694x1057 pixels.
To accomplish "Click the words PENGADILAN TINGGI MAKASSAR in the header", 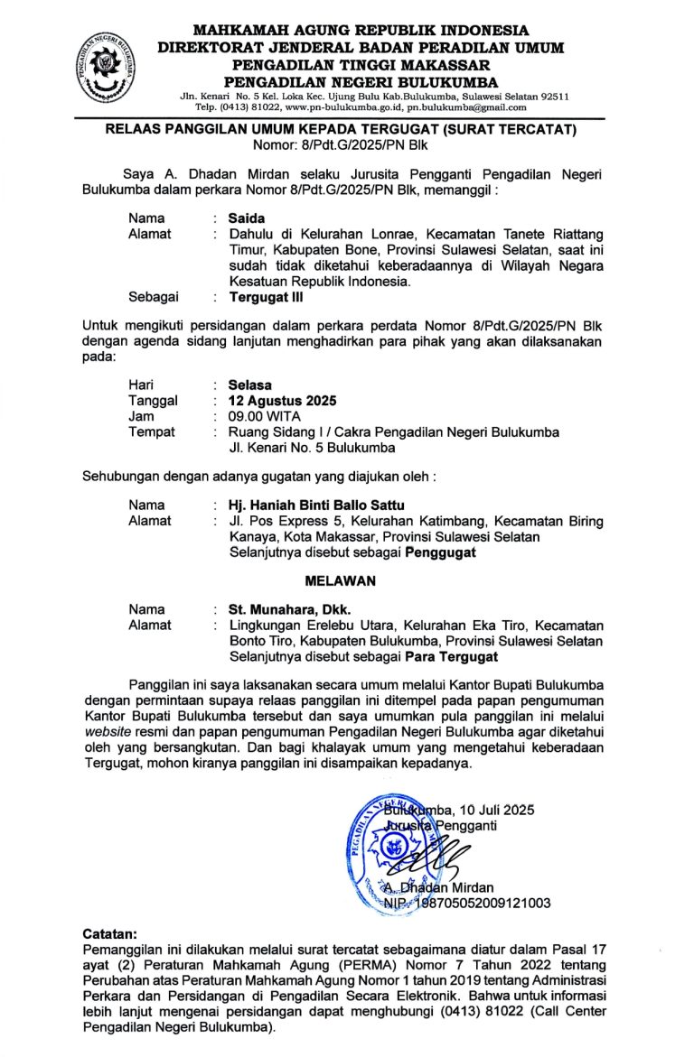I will point(361,65).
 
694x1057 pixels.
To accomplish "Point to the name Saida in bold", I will point(247,218).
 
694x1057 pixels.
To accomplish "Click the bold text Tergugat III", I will point(266,295).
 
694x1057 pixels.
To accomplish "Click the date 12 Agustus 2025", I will point(283,401).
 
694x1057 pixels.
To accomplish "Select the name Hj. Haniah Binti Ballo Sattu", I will point(316,505).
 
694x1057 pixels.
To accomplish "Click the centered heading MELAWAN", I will point(346,580).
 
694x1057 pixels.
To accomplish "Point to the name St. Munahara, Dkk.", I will point(289,609).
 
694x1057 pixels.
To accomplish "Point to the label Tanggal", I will point(153,401).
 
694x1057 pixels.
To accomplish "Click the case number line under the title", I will point(348,144).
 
